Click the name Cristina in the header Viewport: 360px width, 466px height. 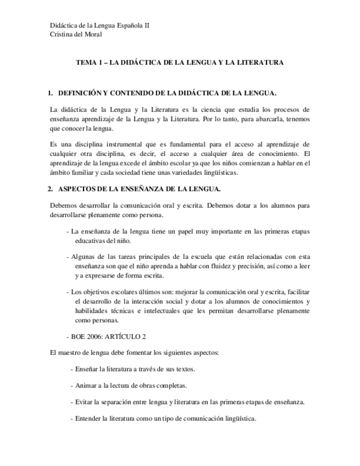pyautogui.click(x=61, y=34)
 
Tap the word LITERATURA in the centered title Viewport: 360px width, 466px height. pyautogui.click(x=261, y=63)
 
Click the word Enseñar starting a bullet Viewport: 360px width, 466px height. pyautogui.click(x=88, y=369)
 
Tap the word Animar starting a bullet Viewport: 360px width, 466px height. pyautogui.click(x=87, y=385)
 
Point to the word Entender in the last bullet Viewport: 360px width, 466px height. pyautogui.click(x=89, y=418)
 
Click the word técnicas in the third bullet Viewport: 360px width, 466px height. pyautogui.click(x=123, y=311)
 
